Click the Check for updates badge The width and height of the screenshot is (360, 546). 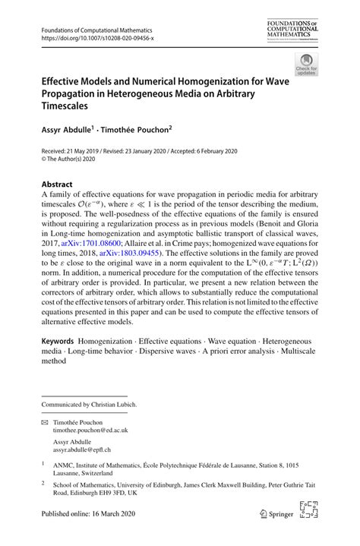point(306,64)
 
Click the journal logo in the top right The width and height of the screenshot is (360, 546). point(292,30)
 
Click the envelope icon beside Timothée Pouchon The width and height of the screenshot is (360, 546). point(45,421)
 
